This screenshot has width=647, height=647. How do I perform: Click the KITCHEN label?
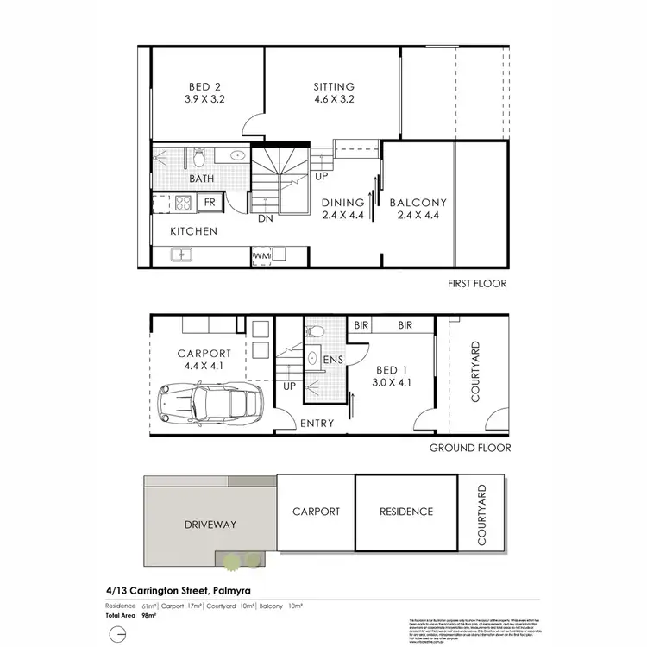point(193,231)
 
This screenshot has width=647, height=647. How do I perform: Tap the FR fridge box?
point(210,203)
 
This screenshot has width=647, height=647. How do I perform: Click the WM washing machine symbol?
point(261,256)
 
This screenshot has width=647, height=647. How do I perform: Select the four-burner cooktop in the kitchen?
point(183,203)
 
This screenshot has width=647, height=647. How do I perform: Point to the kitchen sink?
point(181,255)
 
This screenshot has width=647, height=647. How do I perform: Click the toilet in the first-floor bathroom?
point(198,157)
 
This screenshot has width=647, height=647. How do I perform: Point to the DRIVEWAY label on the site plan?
point(210,524)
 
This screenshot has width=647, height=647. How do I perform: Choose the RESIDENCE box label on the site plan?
point(406,512)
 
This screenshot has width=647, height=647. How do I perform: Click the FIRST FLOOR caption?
point(476,284)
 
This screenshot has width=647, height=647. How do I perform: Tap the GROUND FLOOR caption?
point(471,448)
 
